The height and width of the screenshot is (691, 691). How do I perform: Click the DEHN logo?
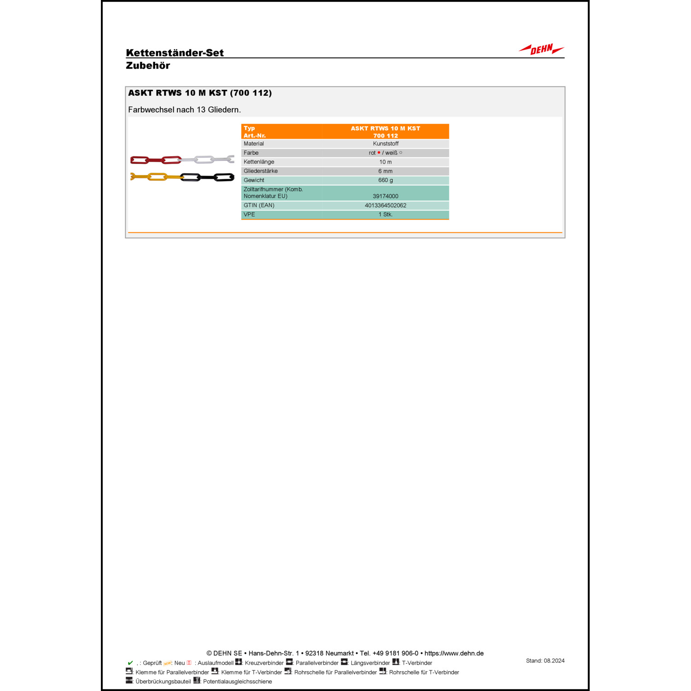(x=541, y=49)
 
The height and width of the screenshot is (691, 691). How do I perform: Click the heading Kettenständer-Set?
(x=175, y=53)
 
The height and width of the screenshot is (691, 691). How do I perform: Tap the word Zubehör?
(x=148, y=65)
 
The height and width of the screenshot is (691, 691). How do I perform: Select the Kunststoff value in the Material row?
(x=386, y=144)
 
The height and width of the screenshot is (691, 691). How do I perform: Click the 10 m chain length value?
(x=386, y=162)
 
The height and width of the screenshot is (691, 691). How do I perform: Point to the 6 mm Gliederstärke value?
(x=386, y=171)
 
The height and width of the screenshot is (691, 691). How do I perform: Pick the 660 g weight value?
(x=386, y=180)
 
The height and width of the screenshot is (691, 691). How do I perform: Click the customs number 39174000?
(x=386, y=196)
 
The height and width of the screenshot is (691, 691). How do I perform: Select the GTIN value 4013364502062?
(x=386, y=205)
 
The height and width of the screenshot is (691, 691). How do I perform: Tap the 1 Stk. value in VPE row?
(x=386, y=215)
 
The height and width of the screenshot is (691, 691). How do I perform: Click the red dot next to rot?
(x=379, y=153)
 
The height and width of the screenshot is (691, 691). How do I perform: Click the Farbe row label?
(x=251, y=153)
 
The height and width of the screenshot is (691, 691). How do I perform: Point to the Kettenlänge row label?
(x=259, y=162)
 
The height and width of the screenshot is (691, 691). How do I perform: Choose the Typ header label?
(x=249, y=129)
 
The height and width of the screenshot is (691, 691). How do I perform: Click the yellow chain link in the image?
(x=157, y=176)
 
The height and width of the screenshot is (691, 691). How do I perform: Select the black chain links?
(x=207, y=177)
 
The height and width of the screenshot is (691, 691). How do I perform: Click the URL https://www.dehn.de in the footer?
(x=454, y=653)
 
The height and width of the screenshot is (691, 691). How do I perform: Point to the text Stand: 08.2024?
(x=545, y=661)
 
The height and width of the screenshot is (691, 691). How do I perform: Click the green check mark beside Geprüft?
(x=130, y=663)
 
